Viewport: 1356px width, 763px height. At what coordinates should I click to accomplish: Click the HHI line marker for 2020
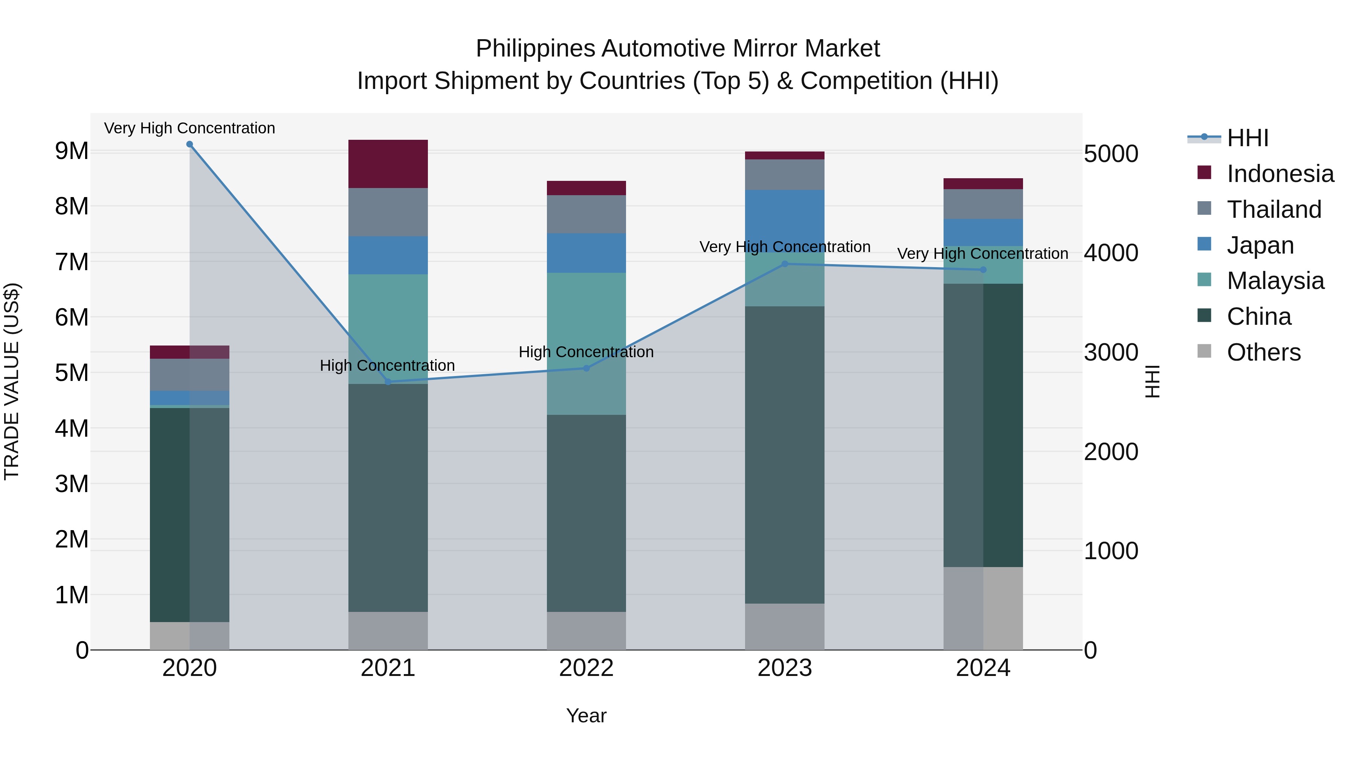(x=189, y=144)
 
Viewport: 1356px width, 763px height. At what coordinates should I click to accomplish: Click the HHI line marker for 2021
(x=388, y=382)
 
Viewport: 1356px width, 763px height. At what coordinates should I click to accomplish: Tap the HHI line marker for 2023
(x=784, y=264)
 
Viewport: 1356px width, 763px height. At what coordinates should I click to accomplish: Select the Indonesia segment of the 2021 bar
(x=388, y=164)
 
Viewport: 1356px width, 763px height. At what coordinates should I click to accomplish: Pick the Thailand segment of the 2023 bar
(x=784, y=174)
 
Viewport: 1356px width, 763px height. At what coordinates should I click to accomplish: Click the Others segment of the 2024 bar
(x=983, y=608)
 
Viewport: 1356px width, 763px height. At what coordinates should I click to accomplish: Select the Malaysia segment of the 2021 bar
(x=388, y=329)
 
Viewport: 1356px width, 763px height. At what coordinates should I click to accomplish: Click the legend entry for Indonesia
(x=1279, y=174)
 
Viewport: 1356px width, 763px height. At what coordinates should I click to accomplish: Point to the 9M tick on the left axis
(x=72, y=151)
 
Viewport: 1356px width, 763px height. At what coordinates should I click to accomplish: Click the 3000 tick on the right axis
(x=1111, y=352)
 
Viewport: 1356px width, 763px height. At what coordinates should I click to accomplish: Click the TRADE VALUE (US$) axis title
(x=12, y=381)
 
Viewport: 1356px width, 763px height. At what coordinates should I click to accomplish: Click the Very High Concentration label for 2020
(x=189, y=128)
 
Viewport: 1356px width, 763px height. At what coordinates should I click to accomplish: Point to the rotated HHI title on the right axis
(x=1152, y=381)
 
